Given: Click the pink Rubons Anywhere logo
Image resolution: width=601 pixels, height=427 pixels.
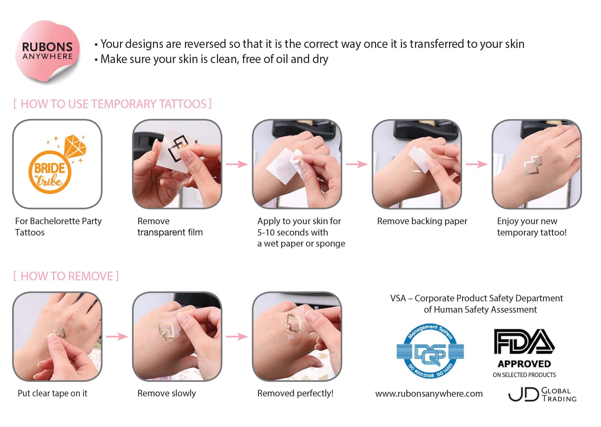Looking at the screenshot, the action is point(48,52).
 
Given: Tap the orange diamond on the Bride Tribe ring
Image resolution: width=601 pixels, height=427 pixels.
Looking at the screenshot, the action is point(75,147).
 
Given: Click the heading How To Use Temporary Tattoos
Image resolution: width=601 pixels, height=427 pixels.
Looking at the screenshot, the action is point(112,104).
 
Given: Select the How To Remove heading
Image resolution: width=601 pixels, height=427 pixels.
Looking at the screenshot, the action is point(66,276).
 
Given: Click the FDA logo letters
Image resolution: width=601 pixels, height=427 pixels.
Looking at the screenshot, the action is point(524,342).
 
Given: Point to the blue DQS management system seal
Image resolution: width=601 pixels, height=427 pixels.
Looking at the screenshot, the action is point(430,351).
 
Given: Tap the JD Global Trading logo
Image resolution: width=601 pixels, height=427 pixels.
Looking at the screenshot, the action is point(542,395).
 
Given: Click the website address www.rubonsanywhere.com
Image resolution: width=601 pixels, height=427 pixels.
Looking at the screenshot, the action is point(429,394).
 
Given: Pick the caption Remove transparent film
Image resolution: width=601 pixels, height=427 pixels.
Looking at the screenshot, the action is point(170,227).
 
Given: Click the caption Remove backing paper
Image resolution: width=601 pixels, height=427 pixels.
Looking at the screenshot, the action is point(422,221).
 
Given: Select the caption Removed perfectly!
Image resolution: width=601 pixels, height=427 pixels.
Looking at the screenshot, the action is point(295,393).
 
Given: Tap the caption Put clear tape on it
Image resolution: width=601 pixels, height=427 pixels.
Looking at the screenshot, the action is point(52,393).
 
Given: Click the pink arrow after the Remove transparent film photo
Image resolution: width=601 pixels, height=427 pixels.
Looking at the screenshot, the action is point(237,164).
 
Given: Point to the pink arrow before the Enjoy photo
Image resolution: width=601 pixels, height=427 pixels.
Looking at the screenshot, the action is point(477,164).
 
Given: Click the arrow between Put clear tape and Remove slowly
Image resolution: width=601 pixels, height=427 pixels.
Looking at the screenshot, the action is point(117,336).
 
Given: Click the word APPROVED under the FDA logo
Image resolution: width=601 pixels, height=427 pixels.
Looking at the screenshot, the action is point(524,364).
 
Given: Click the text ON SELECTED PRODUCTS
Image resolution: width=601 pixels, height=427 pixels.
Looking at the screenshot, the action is point(524,375).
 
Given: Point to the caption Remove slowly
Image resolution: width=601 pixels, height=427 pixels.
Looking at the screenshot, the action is point(166,393).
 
